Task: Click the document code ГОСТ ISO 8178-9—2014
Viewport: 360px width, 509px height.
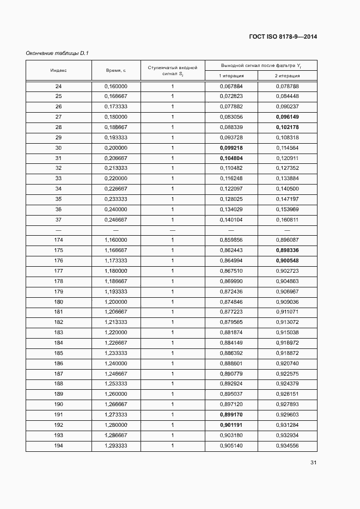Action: click(283, 37)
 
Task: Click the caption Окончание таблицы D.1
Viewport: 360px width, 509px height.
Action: click(57, 53)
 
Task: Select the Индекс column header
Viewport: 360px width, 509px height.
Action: click(58, 71)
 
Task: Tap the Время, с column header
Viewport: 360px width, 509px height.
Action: click(115, 71)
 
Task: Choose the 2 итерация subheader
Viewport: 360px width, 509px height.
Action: click(287, 76)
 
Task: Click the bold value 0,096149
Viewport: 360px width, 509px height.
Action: click(287, 117)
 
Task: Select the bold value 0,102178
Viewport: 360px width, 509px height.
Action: click(287, 127)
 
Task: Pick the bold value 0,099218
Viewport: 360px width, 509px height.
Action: click(231, 148)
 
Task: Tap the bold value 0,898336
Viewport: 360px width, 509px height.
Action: click(287, 250)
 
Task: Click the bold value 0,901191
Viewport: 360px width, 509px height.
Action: click(231, 425)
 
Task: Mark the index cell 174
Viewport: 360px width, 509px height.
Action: click(58, 240)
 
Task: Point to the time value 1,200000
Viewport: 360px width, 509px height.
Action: click(115, 302)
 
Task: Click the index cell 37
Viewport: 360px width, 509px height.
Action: click(58, 220)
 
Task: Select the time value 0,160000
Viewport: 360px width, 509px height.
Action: click(115, 86)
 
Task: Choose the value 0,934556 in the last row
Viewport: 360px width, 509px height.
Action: click(287, 446)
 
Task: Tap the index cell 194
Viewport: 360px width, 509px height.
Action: click(58, 446)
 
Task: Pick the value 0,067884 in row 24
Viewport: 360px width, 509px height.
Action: click(231, 86)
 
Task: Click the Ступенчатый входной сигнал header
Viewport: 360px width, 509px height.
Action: click(172, 71)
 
